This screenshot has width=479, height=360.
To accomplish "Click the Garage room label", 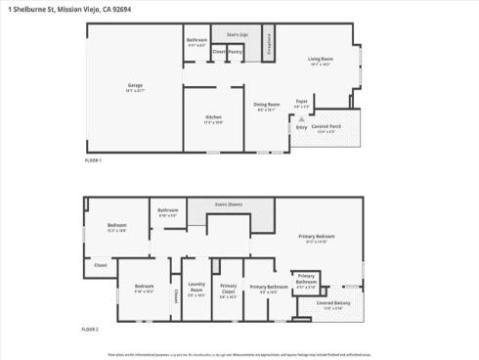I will (x=135, y=88).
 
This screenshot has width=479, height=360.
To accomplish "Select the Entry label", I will (x=301, y=127).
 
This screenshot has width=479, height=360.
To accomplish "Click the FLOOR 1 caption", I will (x=93, y=159).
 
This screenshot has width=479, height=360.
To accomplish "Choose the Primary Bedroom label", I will (x=319, y=238).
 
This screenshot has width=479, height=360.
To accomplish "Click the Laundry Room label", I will (x=196, y=290).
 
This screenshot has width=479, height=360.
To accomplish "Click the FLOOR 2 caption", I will (x=93, y=330).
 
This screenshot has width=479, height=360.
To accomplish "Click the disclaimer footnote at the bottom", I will (x=239, y=354).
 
